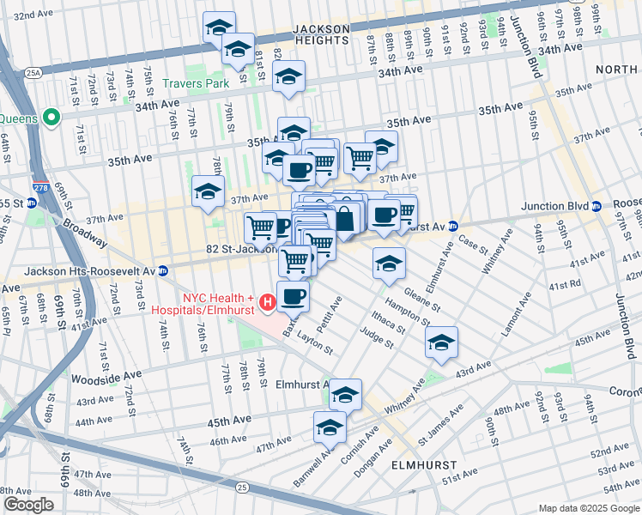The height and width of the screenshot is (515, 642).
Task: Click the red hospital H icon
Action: click(x=267, y=301)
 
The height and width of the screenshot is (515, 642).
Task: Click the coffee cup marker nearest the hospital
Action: click(x=293, y=296)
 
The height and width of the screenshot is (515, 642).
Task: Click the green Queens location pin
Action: click(x=51, y=118)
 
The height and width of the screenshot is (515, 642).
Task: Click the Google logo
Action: click(x=29, y=505)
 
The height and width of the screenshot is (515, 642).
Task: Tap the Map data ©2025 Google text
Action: click(x=589, y=507)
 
